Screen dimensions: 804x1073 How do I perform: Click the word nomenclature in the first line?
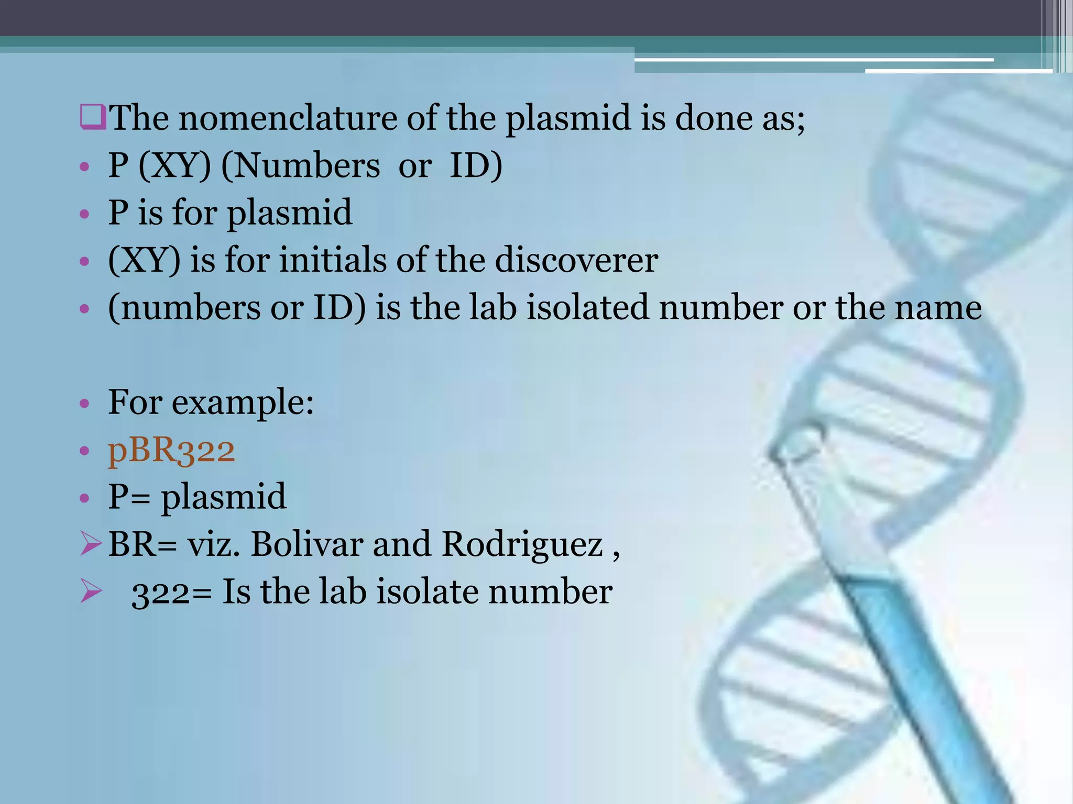point(288,118)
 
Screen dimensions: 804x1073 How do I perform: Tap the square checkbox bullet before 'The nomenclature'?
point(93,116)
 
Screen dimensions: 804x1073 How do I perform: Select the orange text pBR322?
point(171,450)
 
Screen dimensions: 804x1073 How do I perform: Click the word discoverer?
point(576,260)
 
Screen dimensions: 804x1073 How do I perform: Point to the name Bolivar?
point(307,544)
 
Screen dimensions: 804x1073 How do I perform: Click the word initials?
point(333,260)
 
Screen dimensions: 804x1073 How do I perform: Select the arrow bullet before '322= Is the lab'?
point(91,591)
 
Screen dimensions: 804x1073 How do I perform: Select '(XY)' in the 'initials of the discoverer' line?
point(144,260)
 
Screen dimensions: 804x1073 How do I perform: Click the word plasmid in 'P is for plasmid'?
point(289,214)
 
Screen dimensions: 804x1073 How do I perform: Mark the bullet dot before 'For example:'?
point(84,404)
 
